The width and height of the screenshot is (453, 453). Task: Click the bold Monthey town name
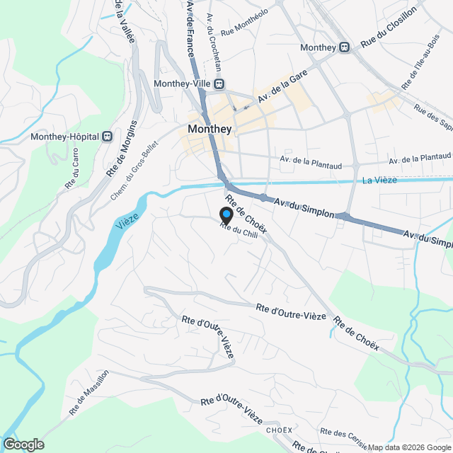pyautogui.click(x=210, y=130)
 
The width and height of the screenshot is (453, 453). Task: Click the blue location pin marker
pyautogui.click(x=226, y=214)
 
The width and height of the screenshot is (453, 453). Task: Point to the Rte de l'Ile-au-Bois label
pyautogui.click(x=421, y=60)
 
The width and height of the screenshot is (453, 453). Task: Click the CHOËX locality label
pyautogui.click(x=279, y=430)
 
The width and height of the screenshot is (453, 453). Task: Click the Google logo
pyautogui.click(x=23, y=444)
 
